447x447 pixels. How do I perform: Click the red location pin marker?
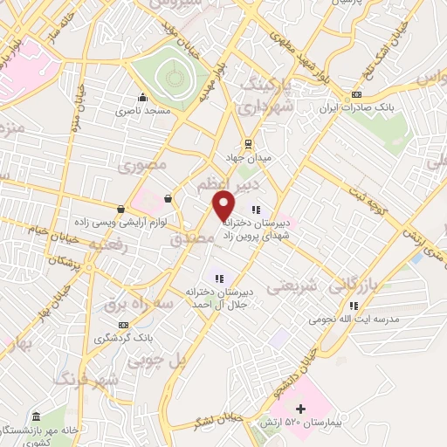tap(223, 203)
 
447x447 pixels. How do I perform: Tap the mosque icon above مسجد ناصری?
tap(142, 97)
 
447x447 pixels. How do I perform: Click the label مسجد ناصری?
tap(141, 112)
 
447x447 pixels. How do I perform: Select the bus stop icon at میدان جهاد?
tap(248, 144)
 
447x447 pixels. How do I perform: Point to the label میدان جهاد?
tap(248, 158)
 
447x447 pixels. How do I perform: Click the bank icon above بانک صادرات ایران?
tap(355, 95)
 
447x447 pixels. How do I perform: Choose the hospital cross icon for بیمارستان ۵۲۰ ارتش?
tap(301, 409)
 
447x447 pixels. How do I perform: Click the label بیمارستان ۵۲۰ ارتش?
tap(287, 422)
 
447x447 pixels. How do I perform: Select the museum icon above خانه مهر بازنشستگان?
tap(36, 417)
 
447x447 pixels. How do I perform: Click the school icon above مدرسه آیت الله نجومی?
tap(354, 306)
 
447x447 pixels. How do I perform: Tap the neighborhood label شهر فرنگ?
tap(86, 380)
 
